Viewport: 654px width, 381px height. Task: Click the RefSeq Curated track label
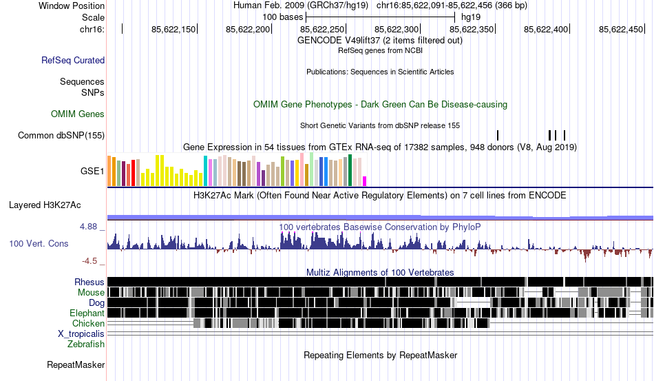point(73,61)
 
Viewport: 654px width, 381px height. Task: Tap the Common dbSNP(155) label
point(61,136)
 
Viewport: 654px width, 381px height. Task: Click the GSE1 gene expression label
point(92,171)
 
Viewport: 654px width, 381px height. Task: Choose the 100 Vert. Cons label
point(39,244)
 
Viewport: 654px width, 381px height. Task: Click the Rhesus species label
point(89,282)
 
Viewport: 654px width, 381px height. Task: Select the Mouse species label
point(91,293)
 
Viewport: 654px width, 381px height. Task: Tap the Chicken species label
point(89,323)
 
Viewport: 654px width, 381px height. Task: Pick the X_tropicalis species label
point(81,333)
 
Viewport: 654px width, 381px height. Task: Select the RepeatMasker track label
point(76,364)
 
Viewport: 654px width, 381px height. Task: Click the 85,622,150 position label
point(173,29)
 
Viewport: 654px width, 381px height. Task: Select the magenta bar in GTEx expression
point(365,181)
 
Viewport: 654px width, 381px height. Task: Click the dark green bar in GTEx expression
point(350,170)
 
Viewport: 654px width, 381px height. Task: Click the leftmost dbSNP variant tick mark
point(497,135)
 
